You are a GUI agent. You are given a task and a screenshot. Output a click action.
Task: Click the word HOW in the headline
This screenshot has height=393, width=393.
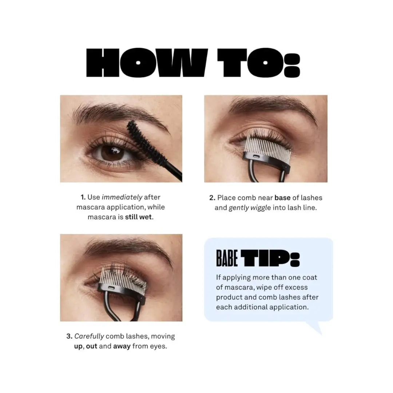147,63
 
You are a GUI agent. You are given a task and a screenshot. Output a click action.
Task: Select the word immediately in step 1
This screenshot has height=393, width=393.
122,198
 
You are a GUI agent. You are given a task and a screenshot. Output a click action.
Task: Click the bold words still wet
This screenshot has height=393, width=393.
139,217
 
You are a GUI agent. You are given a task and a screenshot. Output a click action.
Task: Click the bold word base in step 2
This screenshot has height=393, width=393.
282,198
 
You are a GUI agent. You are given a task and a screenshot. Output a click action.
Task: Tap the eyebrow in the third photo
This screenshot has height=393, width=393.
128,247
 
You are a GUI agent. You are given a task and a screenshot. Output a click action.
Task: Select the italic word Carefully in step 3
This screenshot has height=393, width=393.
89,336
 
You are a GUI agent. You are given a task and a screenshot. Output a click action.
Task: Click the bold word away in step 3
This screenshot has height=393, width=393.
122,346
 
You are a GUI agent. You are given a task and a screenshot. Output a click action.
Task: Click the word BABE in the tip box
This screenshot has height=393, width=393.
227,258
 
